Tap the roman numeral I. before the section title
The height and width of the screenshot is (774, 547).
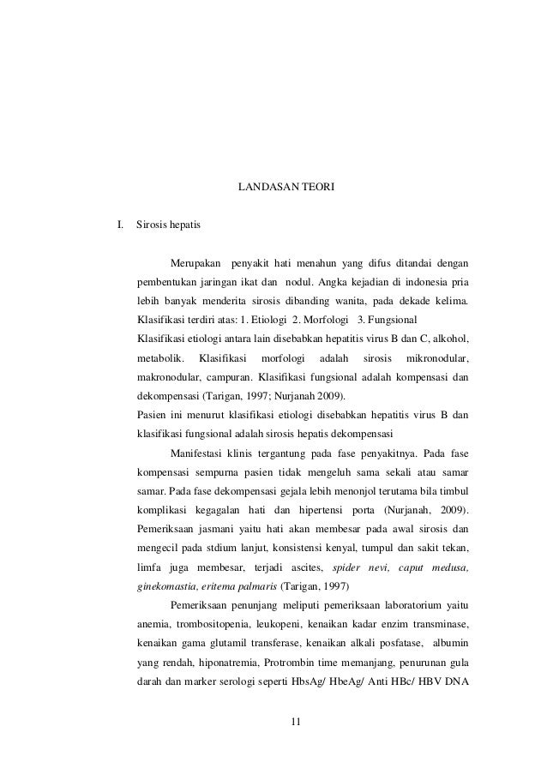coord(121,225)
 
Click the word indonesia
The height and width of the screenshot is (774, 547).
coord(421,281)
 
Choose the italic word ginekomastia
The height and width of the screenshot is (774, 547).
coord(167,588)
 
